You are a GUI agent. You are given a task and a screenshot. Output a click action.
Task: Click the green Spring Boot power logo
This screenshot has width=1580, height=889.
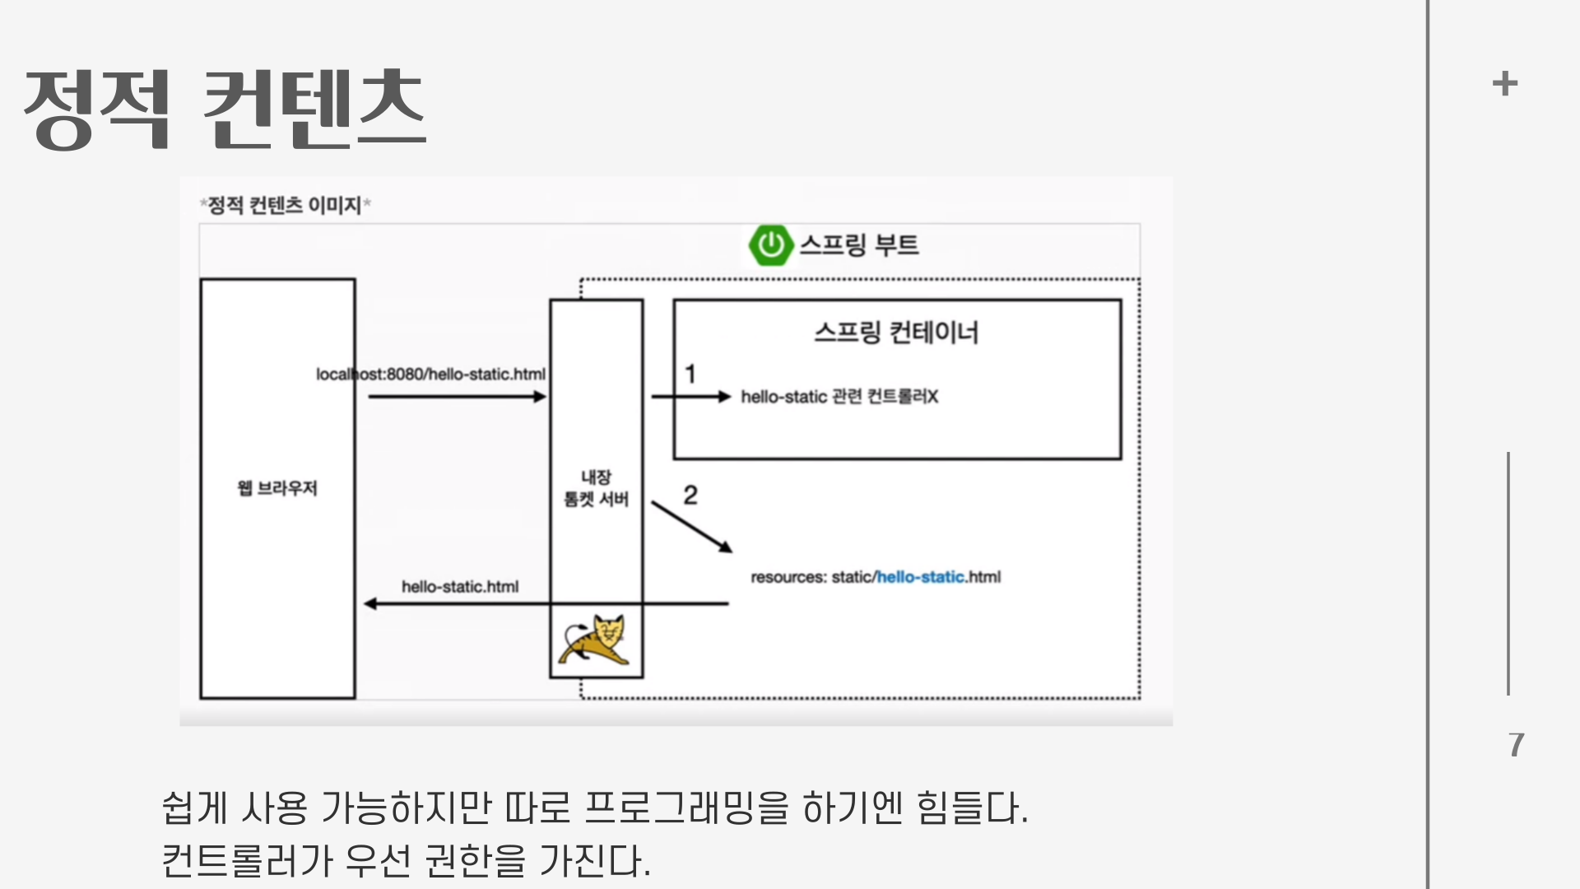tap(770, 244)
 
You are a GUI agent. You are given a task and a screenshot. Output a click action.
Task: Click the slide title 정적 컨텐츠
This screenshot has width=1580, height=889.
tap(225, 109)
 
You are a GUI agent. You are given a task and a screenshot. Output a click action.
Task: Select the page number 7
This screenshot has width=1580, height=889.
tap(1516, 745)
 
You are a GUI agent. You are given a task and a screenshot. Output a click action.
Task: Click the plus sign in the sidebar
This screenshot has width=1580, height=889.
tap(1504, 84)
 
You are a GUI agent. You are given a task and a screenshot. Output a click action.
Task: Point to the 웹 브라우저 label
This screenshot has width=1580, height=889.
tap(277, 488)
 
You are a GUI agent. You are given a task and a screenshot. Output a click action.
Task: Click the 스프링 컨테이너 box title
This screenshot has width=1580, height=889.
tap(896, 333)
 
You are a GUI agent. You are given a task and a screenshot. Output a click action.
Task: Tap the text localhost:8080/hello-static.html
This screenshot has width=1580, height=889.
tap(430, 375)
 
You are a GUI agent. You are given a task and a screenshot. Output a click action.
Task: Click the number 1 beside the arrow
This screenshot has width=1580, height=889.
tap(690, 375)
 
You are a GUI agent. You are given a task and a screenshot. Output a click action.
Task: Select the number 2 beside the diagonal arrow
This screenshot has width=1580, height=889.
tap(690, 495)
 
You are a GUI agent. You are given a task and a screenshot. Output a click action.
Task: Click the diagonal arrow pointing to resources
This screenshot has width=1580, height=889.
tap(691, 526)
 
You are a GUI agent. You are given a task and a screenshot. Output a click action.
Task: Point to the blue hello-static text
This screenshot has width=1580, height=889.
tap(920, 577)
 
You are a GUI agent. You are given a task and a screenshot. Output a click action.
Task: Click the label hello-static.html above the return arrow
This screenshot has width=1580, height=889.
tap(460, 587)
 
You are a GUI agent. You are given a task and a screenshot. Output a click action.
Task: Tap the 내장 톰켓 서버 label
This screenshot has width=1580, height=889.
tap(596, 488)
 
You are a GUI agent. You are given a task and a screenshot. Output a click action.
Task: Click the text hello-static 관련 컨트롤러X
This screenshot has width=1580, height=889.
tap(839, 397)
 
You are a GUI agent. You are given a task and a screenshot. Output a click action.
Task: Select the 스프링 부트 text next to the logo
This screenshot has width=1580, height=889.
tap(858, 245)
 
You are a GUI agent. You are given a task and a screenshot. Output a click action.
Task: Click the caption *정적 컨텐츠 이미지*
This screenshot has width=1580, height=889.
tap(285, 205)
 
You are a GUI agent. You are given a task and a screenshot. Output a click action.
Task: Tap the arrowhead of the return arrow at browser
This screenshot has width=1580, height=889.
tap(370, 603)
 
